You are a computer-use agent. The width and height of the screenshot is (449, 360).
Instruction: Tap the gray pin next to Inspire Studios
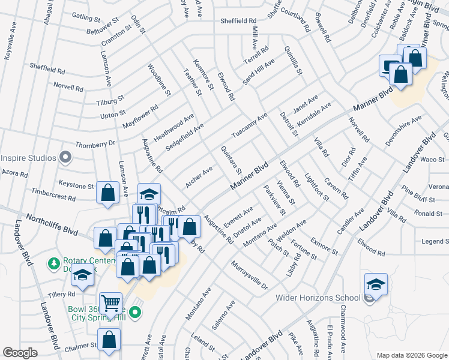coord(66,158)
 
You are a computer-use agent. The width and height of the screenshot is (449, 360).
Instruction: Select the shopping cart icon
coord(110,303)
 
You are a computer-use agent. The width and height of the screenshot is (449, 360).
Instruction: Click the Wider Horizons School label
coord(318,298)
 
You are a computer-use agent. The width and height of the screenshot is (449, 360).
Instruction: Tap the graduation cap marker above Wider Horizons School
coord(376,284)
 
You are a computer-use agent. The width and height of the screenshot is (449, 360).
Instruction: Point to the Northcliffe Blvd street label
coord(52,222)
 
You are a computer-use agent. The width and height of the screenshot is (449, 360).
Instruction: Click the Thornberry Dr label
coord(95,144)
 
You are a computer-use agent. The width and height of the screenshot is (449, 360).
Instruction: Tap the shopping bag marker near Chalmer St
coord(109,339)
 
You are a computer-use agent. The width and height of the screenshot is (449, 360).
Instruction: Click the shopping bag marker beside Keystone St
coord(107,193)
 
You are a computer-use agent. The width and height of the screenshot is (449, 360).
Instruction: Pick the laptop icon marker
coord(390,65)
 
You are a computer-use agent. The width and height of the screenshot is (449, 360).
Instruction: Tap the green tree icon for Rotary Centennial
coord(54,263)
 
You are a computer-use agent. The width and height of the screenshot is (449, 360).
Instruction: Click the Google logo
coord(20,353)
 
